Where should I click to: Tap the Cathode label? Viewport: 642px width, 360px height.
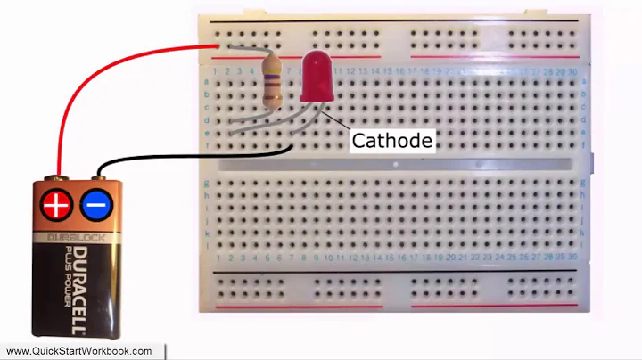[391, 141]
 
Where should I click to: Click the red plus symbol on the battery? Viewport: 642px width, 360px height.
[56, 206]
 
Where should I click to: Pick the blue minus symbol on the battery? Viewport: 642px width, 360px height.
[95, 206]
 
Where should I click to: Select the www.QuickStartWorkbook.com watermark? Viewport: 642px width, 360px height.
[79, 351]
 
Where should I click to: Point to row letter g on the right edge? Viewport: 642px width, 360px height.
[584, 183]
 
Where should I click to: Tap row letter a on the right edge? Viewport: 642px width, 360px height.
[584, 81]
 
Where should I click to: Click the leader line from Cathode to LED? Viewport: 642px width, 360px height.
[336, 125]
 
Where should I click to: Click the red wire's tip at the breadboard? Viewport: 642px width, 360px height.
[218, 46]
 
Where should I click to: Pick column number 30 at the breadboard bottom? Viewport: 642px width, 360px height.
[570, 258]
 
